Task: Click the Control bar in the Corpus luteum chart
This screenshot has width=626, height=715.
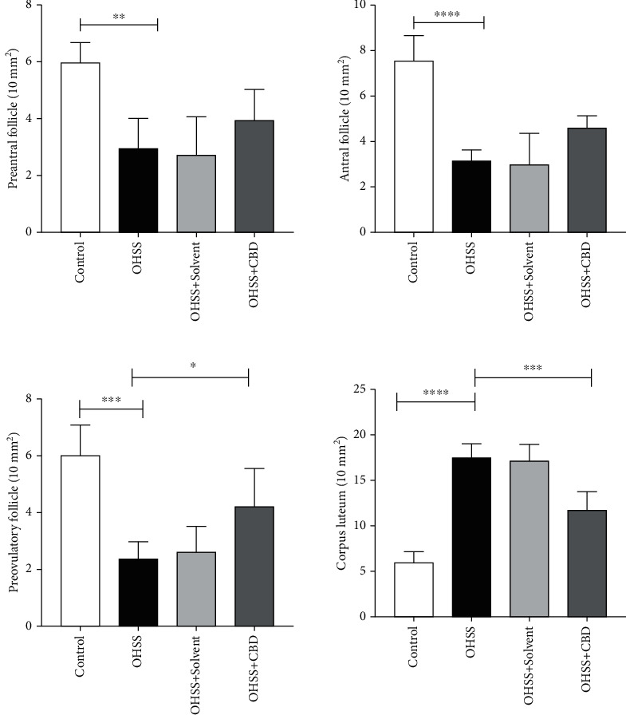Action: coord(413,590)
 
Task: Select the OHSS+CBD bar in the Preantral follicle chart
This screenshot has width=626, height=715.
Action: coord(249,176)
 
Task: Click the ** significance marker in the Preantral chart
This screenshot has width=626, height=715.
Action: coord(118,16)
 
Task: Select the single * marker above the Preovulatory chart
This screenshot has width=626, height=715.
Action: coord(192,365)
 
